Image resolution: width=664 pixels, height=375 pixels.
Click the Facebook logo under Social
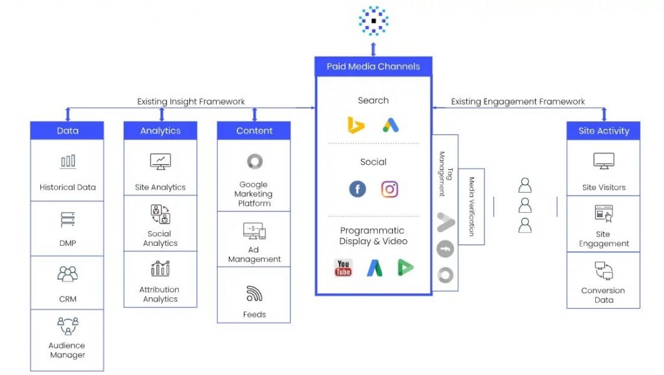pos(357,189)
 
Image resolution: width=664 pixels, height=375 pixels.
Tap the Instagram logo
pos(389,189)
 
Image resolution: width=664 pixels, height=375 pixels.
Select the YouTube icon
pos(343,267)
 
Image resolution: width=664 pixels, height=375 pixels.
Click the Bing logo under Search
pos(355,125)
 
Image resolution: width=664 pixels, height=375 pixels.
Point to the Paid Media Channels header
pos(373,66)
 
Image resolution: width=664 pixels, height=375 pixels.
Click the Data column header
pos(67,130)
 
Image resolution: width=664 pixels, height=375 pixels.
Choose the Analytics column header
pos(160,130)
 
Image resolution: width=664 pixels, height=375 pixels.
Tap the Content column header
pos(254,130)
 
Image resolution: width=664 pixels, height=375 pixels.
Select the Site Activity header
pos(603,130)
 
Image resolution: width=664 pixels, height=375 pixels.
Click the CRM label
pos(67,299)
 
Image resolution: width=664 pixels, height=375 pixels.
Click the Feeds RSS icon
pos(254,294)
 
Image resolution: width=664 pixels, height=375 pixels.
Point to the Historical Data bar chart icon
pos(67,161)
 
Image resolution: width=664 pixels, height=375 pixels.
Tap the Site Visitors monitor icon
pos(603,161)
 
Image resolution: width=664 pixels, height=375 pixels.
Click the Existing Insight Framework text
pos(191,101)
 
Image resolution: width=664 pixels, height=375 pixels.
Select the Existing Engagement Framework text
pos(517,101)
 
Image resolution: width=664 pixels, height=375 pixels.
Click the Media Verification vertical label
pos(472,206)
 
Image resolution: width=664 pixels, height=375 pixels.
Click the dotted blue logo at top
pos(373,20)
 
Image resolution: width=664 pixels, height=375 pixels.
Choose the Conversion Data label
pos(603,295)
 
